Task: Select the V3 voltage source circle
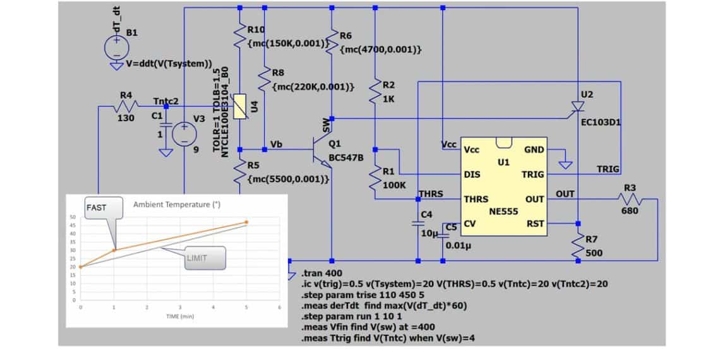[x=184, y=135]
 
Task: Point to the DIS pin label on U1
[x=472, y=174]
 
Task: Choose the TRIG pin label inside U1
[x=533, y=174]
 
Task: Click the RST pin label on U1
[x=536, y=224]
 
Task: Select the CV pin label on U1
[x=471, y=224]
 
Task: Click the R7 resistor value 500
[x=594, y=253]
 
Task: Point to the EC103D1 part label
[x=601, y=122]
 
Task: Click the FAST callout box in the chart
[x=97, y=207]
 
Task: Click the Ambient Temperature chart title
[x=177, y=205]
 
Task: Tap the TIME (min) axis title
[x=179, y=316]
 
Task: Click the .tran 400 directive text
[x=323, y=273]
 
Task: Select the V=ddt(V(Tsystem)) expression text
[x=168, y=64]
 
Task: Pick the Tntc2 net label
[x=165, y=101]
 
